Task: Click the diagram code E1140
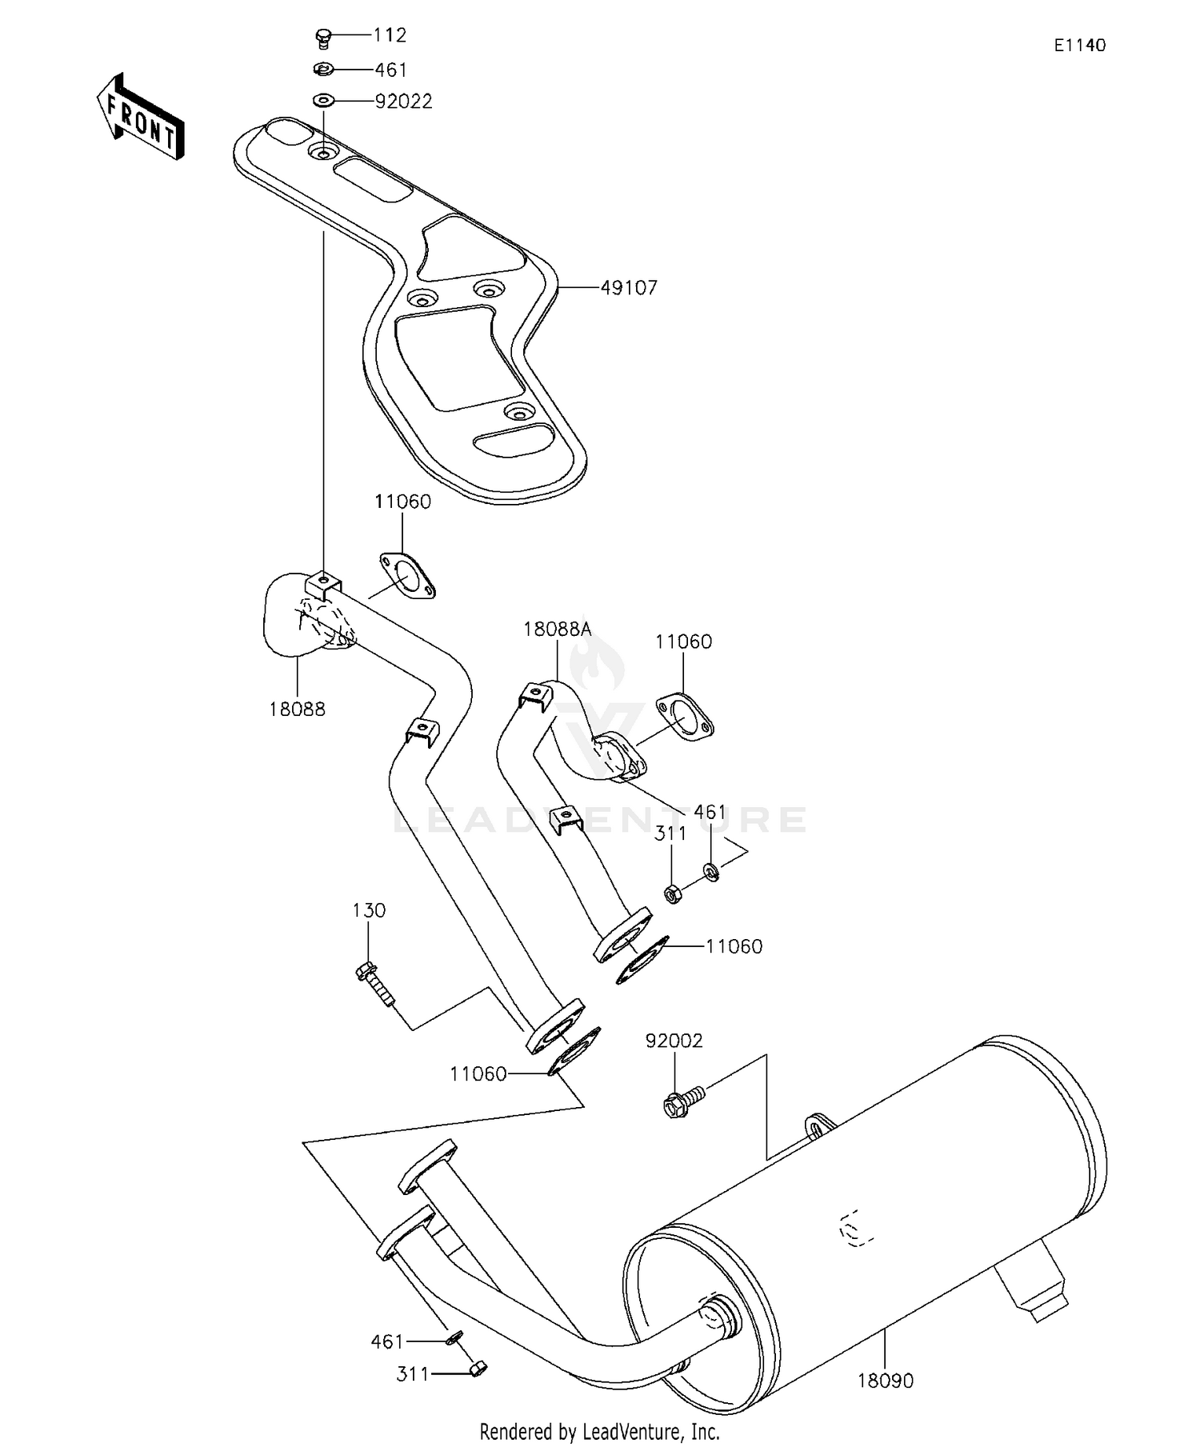(x=1079, y=46)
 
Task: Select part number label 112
(x=390, y=35)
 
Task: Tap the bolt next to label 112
(x=322, y=37)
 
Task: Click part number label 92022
(x=403, y=102)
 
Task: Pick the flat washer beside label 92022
(x=323, y=101)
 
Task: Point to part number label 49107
(x=629, y=288)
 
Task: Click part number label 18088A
(x=558, y=629)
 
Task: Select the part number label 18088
(x=297, y=709)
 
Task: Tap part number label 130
(x=369, y=910)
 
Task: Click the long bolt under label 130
(x=375, y=986)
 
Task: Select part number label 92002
(x=674, y=1041)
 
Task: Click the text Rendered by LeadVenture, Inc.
(x=599, y=1431)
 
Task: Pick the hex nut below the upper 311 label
(x=673, y=893)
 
